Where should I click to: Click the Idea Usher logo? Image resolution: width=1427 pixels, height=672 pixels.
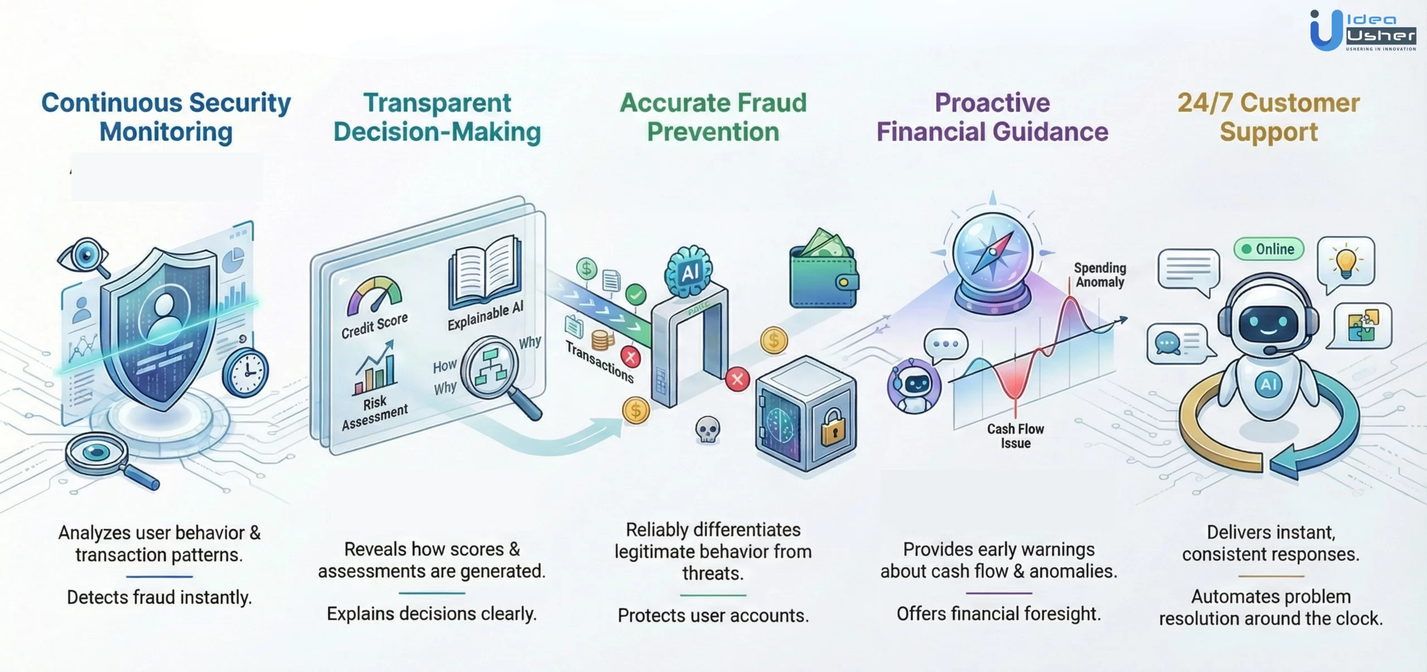point(1362,31)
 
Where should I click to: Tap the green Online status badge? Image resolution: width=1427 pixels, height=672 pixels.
point(1269,249)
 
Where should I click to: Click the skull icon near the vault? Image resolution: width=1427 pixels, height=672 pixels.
point(707,430)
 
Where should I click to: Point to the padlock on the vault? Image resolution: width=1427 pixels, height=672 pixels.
point(833,427)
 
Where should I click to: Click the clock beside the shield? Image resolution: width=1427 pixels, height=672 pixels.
point(245,372)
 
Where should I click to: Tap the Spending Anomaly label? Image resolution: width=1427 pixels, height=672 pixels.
point(1100,275)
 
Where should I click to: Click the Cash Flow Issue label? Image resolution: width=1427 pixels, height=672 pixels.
point(1015,436)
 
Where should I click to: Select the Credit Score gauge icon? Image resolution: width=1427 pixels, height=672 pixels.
point(374,294)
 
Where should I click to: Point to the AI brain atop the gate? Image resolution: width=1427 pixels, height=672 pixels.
point(689,272)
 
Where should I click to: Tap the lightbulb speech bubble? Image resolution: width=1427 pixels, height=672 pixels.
point(1346,262)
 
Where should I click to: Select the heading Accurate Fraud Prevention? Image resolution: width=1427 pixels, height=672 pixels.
point(713,118)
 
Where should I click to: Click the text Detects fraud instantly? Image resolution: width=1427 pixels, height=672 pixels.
point(159,597)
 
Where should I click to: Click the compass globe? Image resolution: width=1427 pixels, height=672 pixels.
point(992,254)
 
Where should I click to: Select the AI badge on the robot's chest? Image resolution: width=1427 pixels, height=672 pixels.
point(1269,384)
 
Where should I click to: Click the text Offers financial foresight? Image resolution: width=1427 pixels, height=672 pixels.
point(998,613)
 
